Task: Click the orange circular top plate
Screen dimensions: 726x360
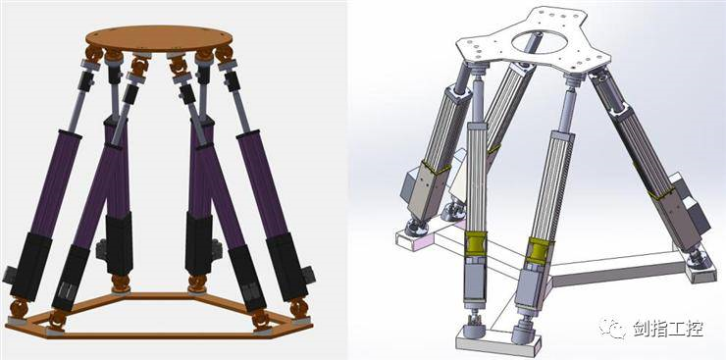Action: point(159,39)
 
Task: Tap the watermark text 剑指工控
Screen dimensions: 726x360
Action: point(668,329)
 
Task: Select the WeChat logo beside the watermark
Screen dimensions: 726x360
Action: point(614,328)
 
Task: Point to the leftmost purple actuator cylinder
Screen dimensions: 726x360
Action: point(55,183)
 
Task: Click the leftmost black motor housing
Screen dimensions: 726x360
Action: point(30,266)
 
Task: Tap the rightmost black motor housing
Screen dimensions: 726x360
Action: point(287,266)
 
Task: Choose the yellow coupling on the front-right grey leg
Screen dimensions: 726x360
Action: point(539,251)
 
